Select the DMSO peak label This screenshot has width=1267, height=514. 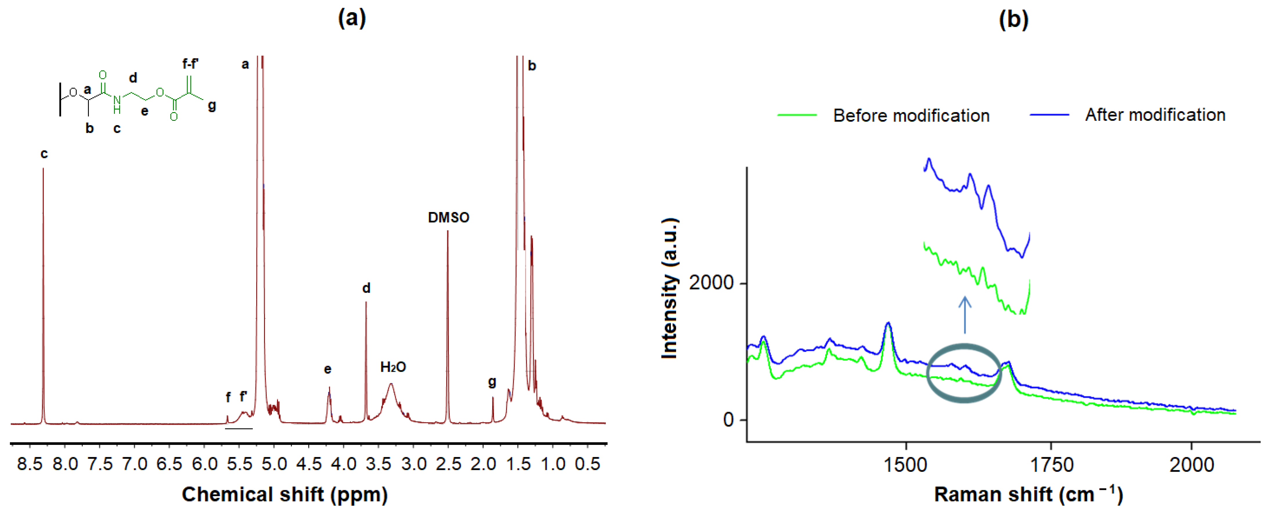coord(448,218)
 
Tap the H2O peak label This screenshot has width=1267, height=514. coord(393,367)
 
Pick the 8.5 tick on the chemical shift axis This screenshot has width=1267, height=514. coord(30,464)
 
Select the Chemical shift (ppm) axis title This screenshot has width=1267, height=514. coord(285,494)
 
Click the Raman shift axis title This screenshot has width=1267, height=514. coord(1028,494)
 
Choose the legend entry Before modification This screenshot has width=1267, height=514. coord(911,116)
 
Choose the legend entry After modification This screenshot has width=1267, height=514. coord(1155,115)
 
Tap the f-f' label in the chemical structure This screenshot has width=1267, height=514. coord(190,63)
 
